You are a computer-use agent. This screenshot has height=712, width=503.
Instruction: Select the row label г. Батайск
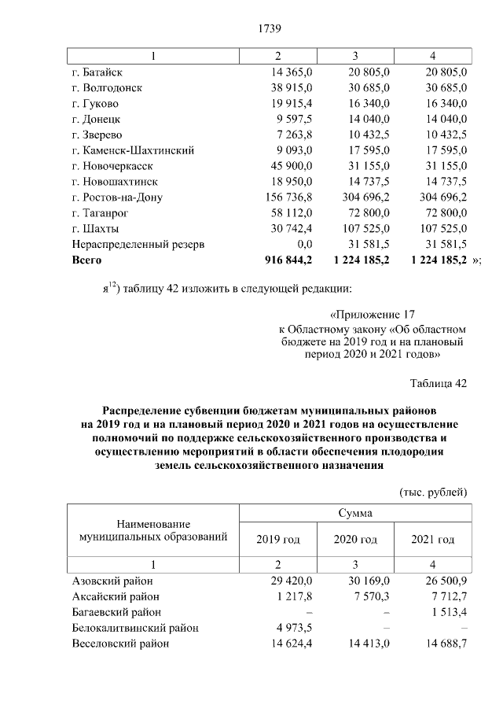coord(101,72)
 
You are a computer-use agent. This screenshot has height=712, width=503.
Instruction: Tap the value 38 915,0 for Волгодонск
coord(290,88)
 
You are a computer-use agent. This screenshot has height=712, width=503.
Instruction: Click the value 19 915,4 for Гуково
coord(290,103)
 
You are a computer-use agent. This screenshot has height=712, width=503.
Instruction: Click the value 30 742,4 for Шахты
coord(290,228)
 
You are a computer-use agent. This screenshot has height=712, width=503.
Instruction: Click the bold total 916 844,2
coord(286,259)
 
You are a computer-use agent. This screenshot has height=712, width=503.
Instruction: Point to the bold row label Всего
coord(86,259)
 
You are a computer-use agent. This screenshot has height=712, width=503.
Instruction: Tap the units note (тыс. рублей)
coord(435,492)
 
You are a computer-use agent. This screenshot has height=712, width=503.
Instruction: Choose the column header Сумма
coord(354,513)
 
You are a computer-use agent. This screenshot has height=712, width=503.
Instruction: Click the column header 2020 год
coord(355,540)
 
